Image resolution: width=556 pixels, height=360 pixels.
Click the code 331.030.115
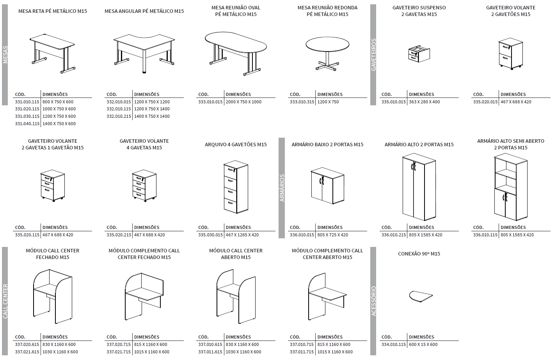pyautogui.click(x=27, y=116)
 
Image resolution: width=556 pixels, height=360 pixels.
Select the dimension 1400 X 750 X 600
pyautogui.click(x=59, y=124)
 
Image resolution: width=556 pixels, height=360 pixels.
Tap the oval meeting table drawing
pyautogui.click(x=236, y=53)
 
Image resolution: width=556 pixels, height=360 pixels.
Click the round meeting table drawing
pyautogui.click(x=327, y=53)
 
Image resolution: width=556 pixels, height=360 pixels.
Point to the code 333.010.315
pyautogui.click(x=302, y=102)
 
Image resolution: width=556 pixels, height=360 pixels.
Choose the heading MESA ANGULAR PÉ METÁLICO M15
pyautogui.click(x=144, y=11)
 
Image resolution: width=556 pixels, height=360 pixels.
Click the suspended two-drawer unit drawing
pyautogui.click(x=419, y=54)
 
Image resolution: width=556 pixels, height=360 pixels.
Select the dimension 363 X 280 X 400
pyautogui.click(x=424, y=102)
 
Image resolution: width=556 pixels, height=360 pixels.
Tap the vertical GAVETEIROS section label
pyautogui.click(x=373, y=55)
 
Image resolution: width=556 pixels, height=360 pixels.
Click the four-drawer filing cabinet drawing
pyautogui.click(x=236, y=186)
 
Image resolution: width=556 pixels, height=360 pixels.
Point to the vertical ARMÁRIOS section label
pyautogui.click(x=282, y=188)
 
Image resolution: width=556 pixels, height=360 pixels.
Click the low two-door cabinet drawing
pyautogui.click(x=327, y=186)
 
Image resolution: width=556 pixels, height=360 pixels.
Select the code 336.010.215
pyautogui.click(x=394, y=235)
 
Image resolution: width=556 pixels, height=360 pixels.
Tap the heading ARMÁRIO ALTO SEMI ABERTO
pyautogui.click(x=510, y=141)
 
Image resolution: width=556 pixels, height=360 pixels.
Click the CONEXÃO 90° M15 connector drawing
pyautogui.click(x=421, y=296)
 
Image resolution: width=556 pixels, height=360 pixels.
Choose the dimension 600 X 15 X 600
pyautogui.click(x=423, y=344)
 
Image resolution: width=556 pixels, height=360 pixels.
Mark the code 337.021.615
pyautogui.click(x=27, y=352)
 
